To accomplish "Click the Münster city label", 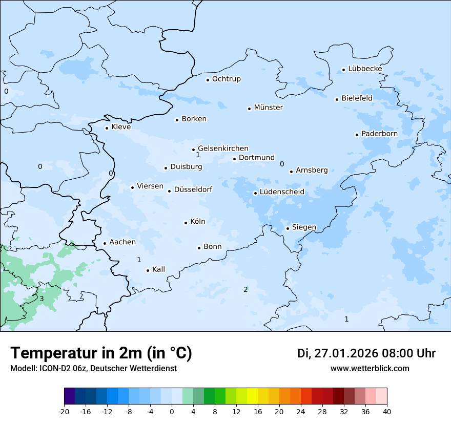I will [x=268, y=108].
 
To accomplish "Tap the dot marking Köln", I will [x=186, y=223].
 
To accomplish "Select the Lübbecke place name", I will [x=365, y=69].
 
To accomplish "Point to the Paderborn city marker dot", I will [x=357, y=135].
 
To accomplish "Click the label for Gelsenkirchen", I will [x=223, y=148].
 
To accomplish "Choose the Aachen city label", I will [x=122, y=242].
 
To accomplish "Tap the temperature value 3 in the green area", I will [x=42, y=299].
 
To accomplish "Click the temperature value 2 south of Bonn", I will [x=245, y=290].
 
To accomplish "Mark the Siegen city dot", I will [x=288, y=228].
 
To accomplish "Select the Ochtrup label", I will [x=226, y=79].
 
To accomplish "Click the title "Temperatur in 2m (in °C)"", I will [x=101, y=353].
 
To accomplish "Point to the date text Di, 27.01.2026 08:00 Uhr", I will [x=366, y=353].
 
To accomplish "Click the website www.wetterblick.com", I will [x=370, y=368].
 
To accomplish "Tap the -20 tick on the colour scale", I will [x=64, y=411].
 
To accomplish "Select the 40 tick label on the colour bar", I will [x=387, y=411].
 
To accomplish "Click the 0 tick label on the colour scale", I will [x=172, y=411].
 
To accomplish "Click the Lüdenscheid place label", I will [x=282, y=192].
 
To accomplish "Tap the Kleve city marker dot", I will [x=107, y=128].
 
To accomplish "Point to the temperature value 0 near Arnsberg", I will [x=282, y=164].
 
